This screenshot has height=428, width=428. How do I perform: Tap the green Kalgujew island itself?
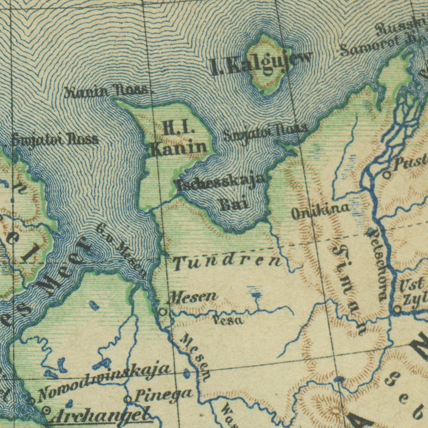(x=267, y=64)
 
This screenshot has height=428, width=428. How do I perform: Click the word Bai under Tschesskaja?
(x=235, y=204)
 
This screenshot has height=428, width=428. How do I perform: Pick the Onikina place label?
(x=321, y=211)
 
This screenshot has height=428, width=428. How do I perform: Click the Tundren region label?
(x=227, y=262)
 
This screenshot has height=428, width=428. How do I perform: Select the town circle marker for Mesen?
(x=163, y=311)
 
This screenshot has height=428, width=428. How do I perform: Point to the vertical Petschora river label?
(x=377, y=265)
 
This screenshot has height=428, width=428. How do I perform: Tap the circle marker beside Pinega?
(x=128, y=399)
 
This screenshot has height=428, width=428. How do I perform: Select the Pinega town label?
(x=163, y=394)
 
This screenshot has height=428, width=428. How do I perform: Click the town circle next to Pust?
(x=387, y=174)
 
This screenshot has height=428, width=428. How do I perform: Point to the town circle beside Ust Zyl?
(x=397, y=308)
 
